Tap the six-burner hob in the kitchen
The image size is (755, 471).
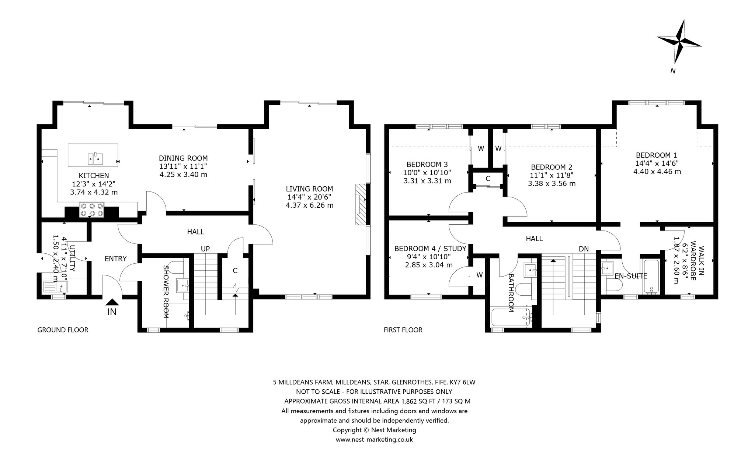[91, 210]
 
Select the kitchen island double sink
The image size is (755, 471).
[95, 158]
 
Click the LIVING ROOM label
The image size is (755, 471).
[309, 189]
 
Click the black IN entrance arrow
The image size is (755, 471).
[112, 302]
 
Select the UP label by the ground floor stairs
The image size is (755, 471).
[205, 249]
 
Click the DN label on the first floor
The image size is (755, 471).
[584, 249]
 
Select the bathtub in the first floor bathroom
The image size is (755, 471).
[511, 317]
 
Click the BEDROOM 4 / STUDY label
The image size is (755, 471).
[430, 249]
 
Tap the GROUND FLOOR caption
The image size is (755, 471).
[63, 330]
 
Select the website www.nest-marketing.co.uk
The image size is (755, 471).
[374, 440]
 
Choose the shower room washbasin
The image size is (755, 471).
[183, 285]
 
